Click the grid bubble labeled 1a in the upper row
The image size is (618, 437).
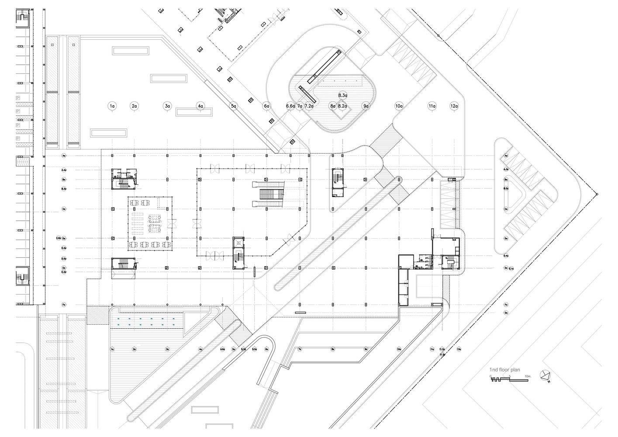(112, 106)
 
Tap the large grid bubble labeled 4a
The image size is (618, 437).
(200, 106)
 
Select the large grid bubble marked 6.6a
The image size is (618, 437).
(290, 106)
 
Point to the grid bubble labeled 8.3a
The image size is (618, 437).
(343, 95)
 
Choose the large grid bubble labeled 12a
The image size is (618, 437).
(454, 106)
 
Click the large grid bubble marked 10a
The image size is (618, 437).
(399, 106)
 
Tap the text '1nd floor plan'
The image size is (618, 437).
(504, 370)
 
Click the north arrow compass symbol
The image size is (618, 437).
(545, 375)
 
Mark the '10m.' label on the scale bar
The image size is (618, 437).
(528, 376)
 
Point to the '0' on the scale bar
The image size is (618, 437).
(490, 376)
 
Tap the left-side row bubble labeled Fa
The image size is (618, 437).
(64, 305)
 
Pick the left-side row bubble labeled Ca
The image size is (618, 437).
(64, 209)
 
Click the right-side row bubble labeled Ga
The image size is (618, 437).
(506, 313)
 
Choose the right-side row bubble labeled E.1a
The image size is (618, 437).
(512, 268)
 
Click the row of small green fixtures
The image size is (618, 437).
(146, 322)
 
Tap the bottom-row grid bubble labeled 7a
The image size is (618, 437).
(300, 349)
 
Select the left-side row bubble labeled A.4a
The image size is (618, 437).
(64, 170)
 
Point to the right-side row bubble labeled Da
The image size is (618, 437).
(506, 239)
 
